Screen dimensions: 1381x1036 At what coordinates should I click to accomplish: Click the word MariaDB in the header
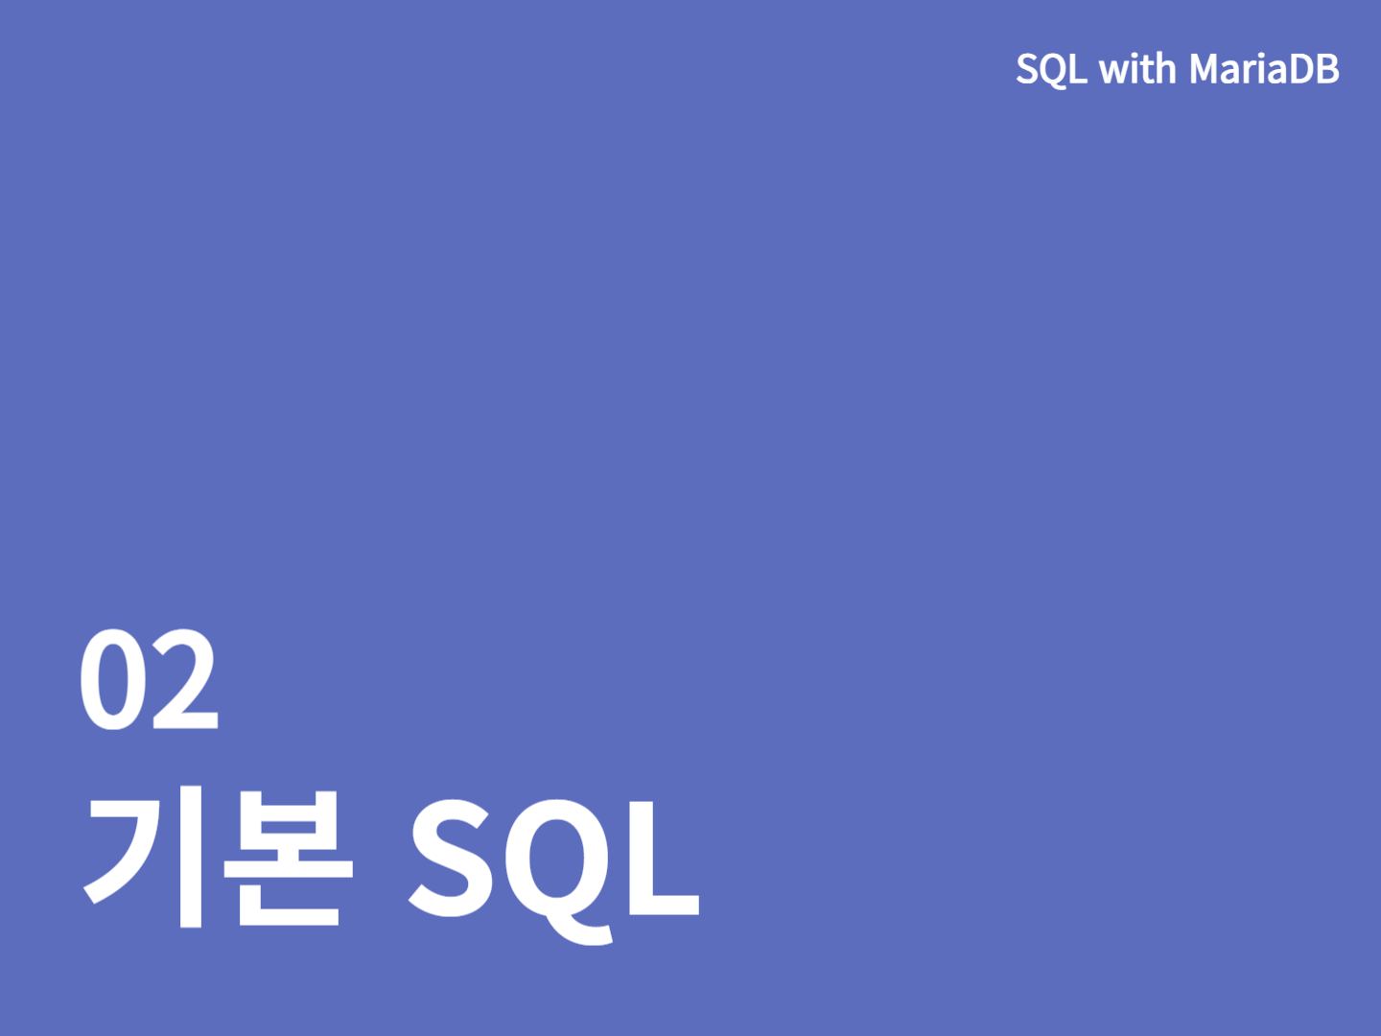click(x=1264, y=68)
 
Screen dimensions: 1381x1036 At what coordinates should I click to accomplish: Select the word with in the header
click(x=1137, y=68)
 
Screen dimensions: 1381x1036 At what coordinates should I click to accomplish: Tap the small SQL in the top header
click(x=1051, y=69)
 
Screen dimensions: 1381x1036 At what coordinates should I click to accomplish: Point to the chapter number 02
click(x=149, y=679)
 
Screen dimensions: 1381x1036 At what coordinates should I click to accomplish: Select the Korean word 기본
click(x=219, y=856)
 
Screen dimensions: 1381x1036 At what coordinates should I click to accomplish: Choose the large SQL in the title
click(x=553, y=871)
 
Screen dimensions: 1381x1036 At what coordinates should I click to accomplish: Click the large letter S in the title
click(x=449, y=858)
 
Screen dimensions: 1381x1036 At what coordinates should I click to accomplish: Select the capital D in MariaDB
click(x=1299, y=68)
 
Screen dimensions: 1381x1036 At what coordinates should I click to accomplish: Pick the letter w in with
click(x=1112, y=72)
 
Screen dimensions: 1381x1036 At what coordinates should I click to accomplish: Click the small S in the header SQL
click(x=1027, y=68)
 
